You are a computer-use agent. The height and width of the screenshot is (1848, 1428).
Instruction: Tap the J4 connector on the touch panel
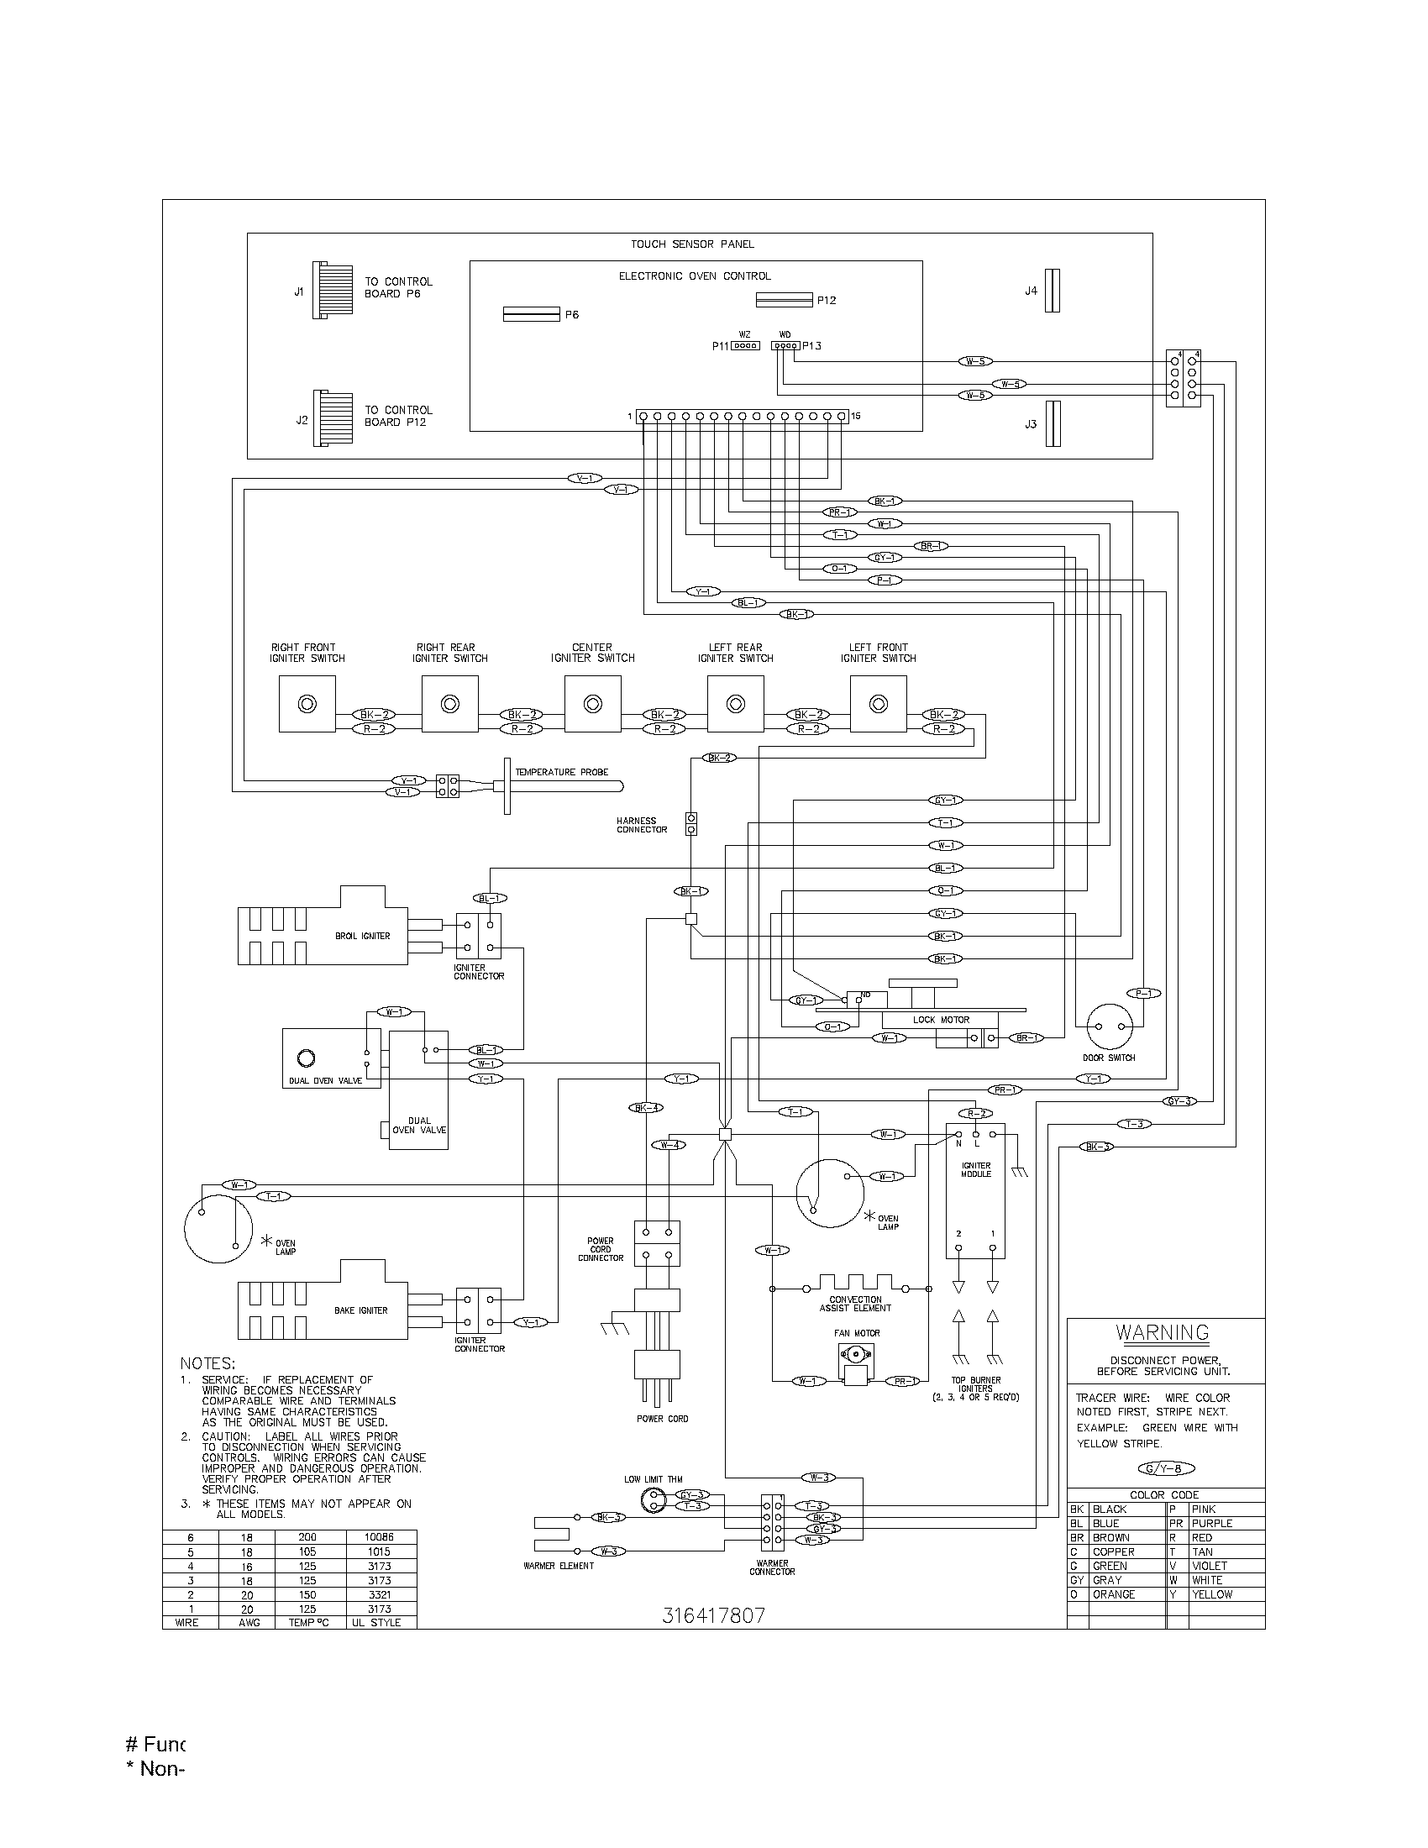(x=1052, y=291)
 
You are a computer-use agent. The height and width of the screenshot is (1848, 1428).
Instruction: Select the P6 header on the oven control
(x=531, y=314)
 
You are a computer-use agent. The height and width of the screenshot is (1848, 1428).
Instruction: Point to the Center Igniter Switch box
(x=592, y=704)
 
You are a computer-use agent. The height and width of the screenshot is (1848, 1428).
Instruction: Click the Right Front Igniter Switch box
(x=307, y=704)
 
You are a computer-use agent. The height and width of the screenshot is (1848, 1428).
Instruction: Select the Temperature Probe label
(x=562, y=772)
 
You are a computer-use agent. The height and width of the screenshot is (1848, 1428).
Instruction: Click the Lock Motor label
(x=941, y=1020)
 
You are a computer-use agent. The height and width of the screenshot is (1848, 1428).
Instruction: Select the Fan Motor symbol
(x=857, y=1364)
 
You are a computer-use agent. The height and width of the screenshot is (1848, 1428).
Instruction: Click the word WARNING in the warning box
(x=1162, y=1332)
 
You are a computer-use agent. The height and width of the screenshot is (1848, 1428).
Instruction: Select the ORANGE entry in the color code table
(x=1113, y=1594)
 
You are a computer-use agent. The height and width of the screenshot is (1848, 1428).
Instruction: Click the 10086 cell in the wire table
(x=380, y=1536)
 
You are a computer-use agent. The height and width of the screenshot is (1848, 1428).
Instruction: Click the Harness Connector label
(x=641, y=825)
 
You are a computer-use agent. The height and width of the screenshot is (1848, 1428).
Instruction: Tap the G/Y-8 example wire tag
(x=1166, y=1469)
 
